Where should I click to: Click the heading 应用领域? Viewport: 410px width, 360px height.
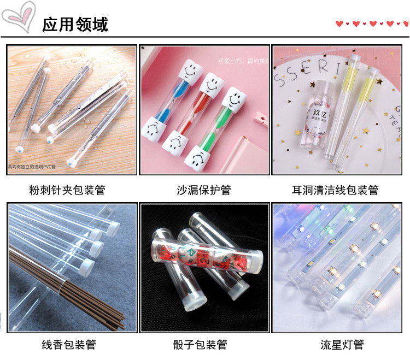click(x=75, y=24)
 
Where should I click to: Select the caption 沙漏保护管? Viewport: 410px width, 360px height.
click(x=204, y=190)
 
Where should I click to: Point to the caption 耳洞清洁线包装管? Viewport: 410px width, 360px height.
click(x=335, y=190)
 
